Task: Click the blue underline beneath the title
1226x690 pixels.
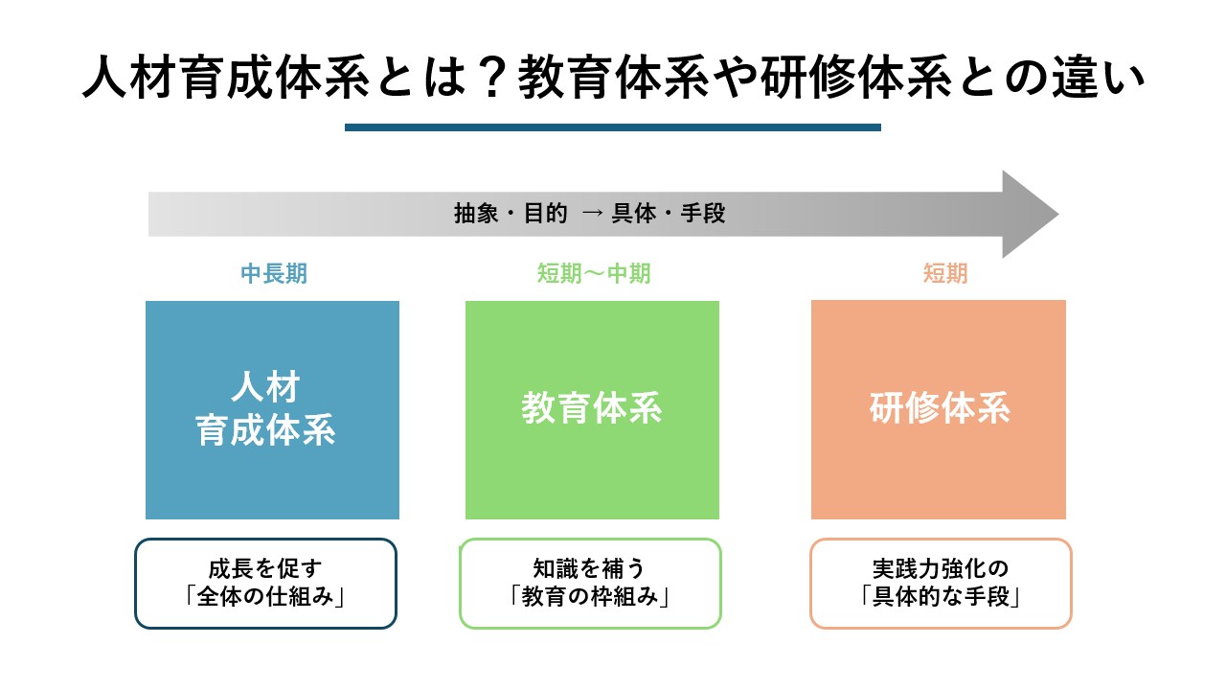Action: (612, 127)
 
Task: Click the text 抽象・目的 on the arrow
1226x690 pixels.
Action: (511, 213)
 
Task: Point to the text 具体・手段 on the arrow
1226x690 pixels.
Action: (669, 213)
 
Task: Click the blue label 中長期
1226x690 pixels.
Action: (274, 273)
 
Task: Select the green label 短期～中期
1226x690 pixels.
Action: (593, 273)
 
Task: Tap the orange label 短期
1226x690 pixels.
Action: (945, 273)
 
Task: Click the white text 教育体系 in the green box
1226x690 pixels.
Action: (592, 408)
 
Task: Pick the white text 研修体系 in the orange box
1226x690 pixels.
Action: (940, 408)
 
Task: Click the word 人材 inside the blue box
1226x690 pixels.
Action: (266, 386)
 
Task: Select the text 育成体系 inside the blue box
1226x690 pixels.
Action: (265, 430)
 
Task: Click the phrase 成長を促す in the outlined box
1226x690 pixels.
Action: (265, 568)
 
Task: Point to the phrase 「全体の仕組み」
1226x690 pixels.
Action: (265, 596)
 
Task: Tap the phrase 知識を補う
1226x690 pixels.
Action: (589, 568)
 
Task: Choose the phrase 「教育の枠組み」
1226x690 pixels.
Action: (589, 596)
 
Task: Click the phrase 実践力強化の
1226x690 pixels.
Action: (941, 568)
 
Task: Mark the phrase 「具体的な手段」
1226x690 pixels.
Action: (941, 596)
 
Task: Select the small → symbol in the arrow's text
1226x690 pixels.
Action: (592, 213)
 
